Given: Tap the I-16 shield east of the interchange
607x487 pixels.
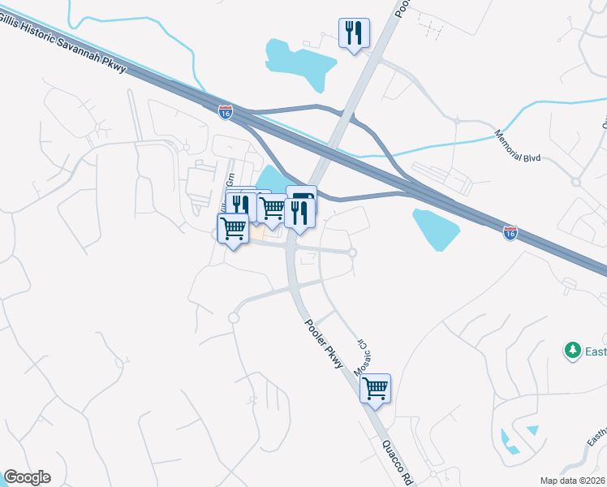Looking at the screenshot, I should coord(510,233).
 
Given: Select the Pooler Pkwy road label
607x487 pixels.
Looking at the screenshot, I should coord(325,344).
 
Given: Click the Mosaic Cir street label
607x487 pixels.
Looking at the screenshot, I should coord(361,357).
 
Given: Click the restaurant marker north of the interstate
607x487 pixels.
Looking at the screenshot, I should coord(354,34).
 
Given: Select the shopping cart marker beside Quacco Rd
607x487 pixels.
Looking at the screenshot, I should coord(375,389).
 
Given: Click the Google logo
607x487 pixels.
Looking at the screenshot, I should coord(27,477).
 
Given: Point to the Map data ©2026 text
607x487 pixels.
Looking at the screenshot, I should coord(572,481).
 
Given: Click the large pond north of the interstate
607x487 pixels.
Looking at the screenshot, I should coord(300,60).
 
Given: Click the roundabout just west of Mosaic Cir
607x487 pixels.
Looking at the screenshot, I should coord(352,253).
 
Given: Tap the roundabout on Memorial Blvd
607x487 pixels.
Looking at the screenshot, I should coord(457,121).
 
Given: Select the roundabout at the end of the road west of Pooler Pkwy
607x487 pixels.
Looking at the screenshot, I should coord(234,318).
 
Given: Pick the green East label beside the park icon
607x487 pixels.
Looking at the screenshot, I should coord(596,351).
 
